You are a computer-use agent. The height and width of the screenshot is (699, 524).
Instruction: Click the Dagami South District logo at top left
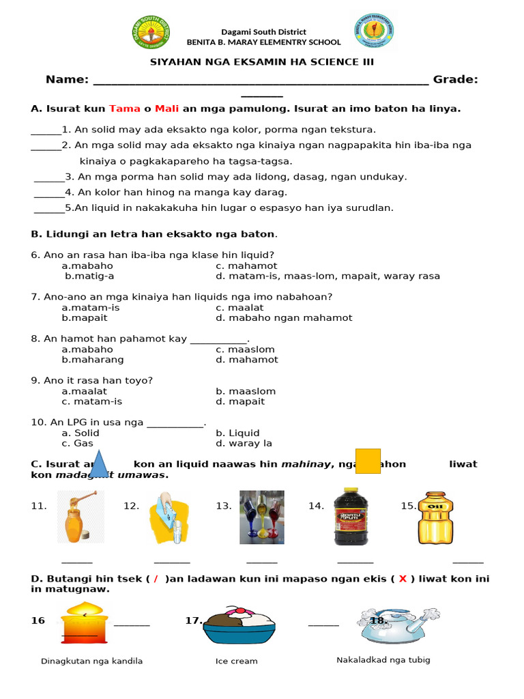coord(151,32)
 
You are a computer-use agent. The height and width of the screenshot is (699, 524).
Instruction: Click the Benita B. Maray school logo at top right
coord(374,32)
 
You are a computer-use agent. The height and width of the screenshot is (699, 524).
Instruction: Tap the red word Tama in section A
coord(124,109)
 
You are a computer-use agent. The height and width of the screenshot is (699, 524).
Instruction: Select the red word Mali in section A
coord(166,109)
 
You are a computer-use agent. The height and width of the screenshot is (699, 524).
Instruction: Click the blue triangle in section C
coord(100,464)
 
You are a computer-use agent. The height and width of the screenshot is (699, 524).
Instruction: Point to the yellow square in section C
coord(368,461)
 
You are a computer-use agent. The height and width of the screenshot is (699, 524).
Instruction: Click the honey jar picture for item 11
coord(81,517)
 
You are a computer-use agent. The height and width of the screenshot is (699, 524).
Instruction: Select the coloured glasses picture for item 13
coord(261,517)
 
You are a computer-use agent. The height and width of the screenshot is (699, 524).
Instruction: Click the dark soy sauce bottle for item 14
coord(351,516)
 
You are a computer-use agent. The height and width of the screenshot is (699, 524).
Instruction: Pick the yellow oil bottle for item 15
coord(435,517)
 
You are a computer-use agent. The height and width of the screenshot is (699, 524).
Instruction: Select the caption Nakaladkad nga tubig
coord(383,660)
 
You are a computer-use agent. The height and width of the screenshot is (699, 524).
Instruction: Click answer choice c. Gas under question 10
coord(77,443)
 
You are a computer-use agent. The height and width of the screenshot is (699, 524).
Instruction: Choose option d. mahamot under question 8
coord(247,360)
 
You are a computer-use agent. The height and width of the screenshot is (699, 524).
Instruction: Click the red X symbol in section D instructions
coord(403,579)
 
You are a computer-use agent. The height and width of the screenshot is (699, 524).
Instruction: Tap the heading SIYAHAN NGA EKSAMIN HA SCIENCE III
coord(262,62)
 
